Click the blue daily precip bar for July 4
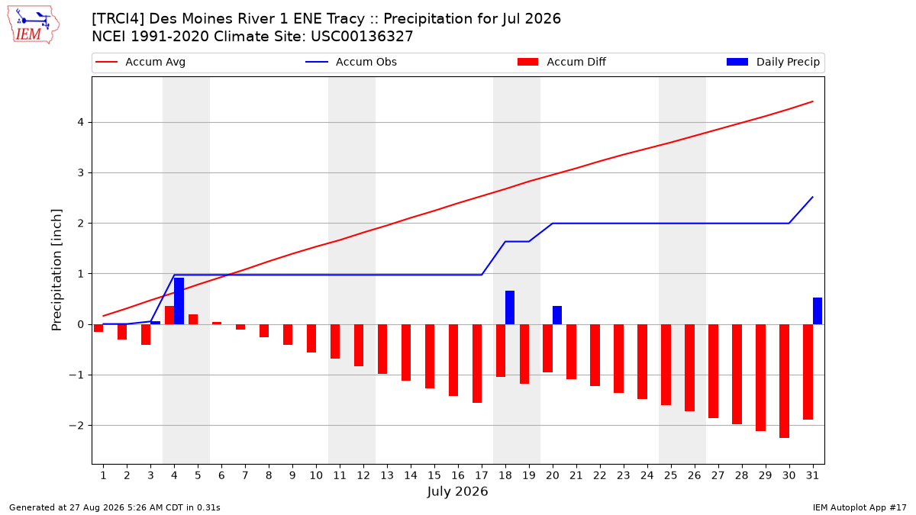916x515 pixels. tap(179, 301)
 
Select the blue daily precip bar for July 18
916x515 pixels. tap(510, 307)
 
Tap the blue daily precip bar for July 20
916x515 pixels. tap(557, 315)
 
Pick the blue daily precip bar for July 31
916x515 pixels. tap(818, 311)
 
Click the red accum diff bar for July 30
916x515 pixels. tap(785, 381)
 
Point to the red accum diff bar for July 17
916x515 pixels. tap(477, 363)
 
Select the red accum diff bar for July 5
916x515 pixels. tap(193, 319)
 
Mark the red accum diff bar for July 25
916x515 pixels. tap(666, 365)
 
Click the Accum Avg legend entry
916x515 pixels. tap(140, 62)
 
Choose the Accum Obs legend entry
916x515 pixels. tap(351, 62)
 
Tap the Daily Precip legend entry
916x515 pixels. tap(773, 62)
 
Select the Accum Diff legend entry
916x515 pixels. tap(562, 62)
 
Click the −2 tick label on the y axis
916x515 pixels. tap(76, 426)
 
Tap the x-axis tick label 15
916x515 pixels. tap(434, 475)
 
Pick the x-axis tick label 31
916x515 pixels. tap(812, 475)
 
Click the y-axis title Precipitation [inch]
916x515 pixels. tap(56, 270)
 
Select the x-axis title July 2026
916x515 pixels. tap(457, 491)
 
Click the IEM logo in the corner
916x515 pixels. tap(34, 25)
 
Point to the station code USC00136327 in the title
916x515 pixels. tap(362, 37)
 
